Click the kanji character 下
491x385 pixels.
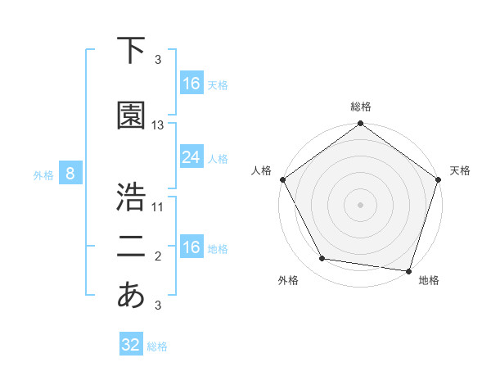click(131, 51)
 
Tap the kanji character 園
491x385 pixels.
click(131, 116)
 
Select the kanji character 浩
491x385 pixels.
click(131, 198)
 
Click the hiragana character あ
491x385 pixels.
click(131, 295)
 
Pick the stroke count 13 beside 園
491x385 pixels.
click(158, 125)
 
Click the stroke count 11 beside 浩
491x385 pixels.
click(158, 207)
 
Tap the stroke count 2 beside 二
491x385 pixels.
click(158, 256)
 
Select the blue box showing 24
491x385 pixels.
click(191, 157)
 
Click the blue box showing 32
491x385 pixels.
click(131, 345)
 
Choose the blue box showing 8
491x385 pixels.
click(70, 174)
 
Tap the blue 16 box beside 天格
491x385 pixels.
click(191, 84)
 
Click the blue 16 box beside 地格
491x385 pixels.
click(191, 247)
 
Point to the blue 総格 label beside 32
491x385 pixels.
click(157, 346)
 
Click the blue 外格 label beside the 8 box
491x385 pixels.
click(43, 174)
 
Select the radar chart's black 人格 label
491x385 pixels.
click(262, 170)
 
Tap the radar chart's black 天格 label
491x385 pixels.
click(460, 170)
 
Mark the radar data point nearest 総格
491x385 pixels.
click(360, 125)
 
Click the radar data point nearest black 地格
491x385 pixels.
click(408, 270)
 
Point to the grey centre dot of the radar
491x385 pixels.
click(360, 204)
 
